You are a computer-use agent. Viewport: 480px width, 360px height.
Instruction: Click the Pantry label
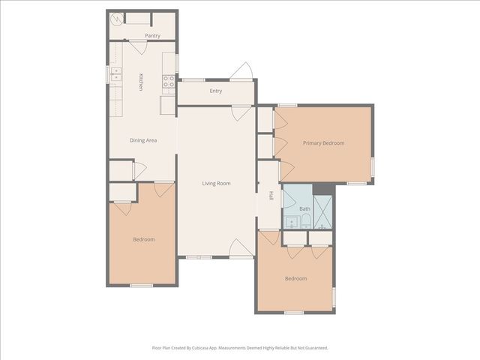(x=152, y=35)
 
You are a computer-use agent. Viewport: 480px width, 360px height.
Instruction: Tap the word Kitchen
(x=140, y=82)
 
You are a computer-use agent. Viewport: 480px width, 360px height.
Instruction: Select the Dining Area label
(x=143, y=140)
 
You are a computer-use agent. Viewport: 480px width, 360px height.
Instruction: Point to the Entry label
(x=216, y=91)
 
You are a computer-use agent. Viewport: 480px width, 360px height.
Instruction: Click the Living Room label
(x=216, y=183)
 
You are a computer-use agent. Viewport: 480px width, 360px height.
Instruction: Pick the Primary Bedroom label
(x=323, y=142)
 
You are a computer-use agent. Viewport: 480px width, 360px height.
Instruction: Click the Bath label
(x=304, y=209)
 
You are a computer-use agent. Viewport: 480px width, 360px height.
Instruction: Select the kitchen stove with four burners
(x=169, y=81)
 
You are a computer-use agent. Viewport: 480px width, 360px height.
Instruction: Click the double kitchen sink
(x=115, y=73)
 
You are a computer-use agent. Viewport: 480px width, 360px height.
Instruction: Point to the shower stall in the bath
(x=323, y=211)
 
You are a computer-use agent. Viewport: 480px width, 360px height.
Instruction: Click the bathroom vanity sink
(x=290, y=223)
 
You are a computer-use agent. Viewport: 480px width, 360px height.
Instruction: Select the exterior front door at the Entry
(x=241, y=72)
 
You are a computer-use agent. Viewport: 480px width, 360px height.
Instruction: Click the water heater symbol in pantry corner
(x=116, y=19)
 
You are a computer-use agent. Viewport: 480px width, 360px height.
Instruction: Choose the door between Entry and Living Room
(x=241, y=113)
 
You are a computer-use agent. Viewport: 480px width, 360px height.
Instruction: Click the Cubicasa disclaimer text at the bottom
(x=240, y=348)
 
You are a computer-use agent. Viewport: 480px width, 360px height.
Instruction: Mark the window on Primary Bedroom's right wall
(x=373, y=166)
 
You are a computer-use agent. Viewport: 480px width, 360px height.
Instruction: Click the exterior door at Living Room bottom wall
(x=241, y=249)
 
